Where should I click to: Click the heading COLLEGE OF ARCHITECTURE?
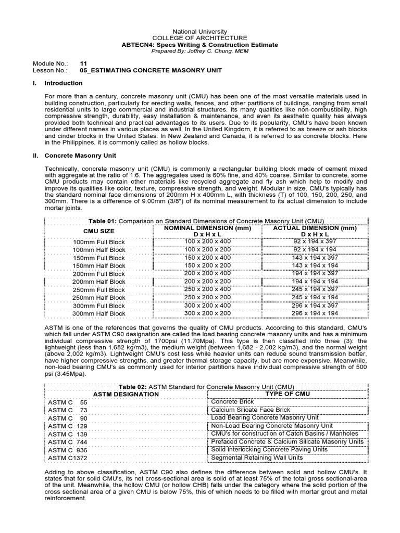click(x=199, y=38)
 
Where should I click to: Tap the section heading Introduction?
click(x=63, y=83)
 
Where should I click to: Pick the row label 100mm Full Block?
click(x=99, y=242)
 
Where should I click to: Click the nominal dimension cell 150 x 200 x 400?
click(x=206, y=257)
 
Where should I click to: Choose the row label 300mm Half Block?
click(x=99, y=314)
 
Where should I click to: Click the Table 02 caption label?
click(x=134, y=387)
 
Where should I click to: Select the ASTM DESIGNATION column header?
click(x=126, y=394)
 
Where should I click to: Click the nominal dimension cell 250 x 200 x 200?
click(x=206, y=297)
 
